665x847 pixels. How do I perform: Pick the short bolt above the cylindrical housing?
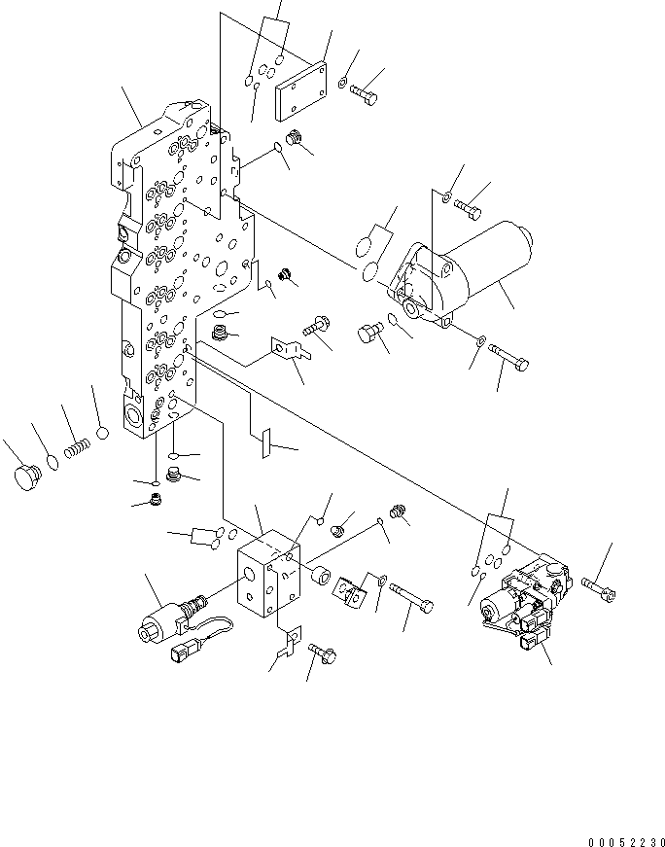pyautogui.click(x=468, y=207)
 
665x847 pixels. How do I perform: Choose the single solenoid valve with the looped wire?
pyautogui.click(x=171, y=618)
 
